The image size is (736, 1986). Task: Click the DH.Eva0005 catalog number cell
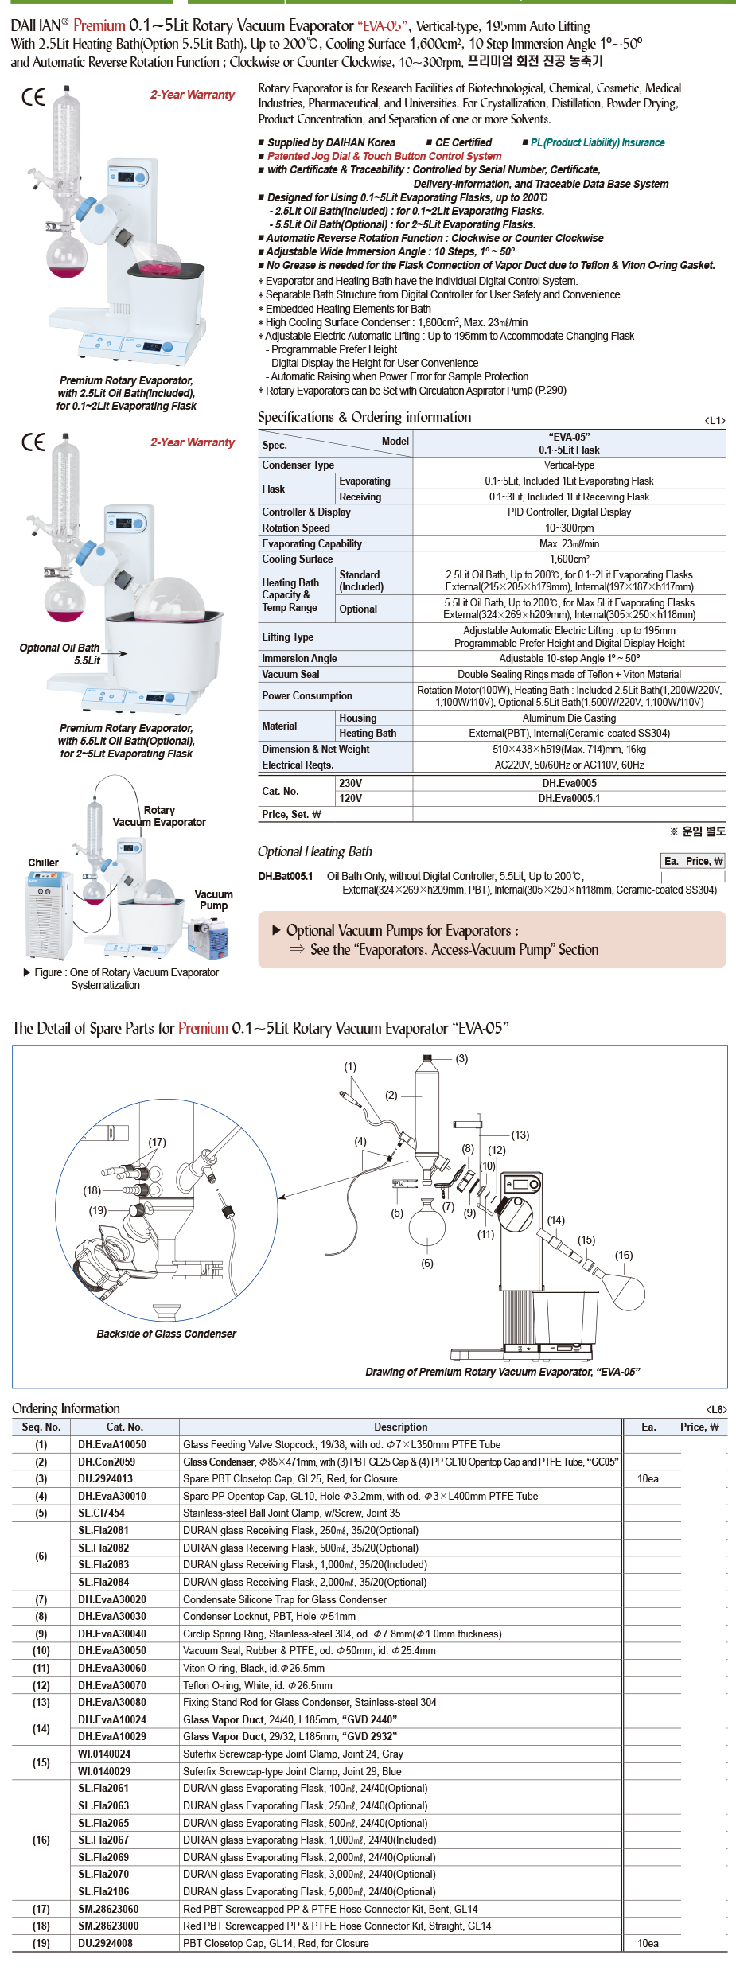[x=569, y=783]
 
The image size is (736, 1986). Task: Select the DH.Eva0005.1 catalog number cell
[x=569, y=798]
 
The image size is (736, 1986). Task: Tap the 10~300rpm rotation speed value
[x=569, y=528]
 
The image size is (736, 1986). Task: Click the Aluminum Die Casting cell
[x=569, y=718]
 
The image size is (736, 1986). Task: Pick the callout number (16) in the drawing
[x=624, y=1255]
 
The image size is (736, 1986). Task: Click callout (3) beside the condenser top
[x=461, y=1058]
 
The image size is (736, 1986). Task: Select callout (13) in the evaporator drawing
[x=520, y=1135]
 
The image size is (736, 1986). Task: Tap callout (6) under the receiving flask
[x=427, y=1263]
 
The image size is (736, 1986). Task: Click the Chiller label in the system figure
[x=43, y=863]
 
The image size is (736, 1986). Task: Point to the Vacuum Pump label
[x=213, y=900]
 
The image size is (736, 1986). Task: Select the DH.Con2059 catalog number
[x=107, y=1462]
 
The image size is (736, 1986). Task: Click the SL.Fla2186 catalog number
[x=103, y=1891]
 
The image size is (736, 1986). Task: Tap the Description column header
[x=400, y=1427]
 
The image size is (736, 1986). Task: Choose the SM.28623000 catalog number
[x=108, y=1926]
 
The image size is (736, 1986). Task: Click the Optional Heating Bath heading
[x=314, y=851]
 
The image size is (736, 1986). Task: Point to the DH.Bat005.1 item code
[x=285, y=876]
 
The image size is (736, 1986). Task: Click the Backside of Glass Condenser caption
[x=166, y=1334]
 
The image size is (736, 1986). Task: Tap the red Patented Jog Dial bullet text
[x=384, y=156]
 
